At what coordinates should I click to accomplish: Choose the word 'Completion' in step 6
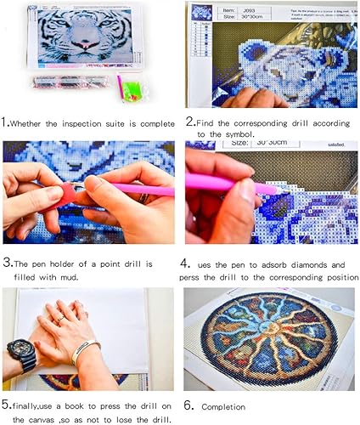pyautogui.click(x=228, y=406)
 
